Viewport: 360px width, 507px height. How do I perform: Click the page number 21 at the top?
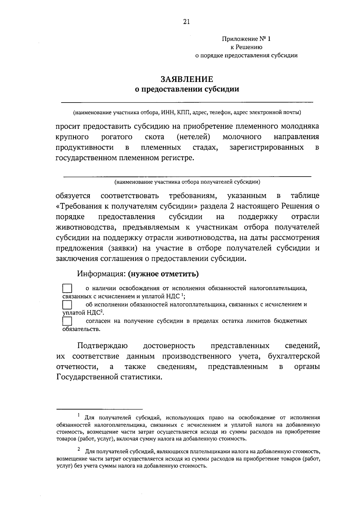[x=186, y=22]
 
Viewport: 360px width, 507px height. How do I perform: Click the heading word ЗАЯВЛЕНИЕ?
[x=187, y=79]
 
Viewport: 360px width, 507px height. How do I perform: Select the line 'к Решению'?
[x=246, y=47]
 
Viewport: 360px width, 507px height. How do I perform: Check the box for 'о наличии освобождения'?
[x=67, y=288]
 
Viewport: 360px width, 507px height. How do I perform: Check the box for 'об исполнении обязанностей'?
[x=67, y=305]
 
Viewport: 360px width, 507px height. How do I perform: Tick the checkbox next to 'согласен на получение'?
[x=67, y=321]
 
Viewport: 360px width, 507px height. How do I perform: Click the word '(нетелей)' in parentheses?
[x=193, y=137]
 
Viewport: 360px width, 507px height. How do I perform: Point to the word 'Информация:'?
[x=101, y=274]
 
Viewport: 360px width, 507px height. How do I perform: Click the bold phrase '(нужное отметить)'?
[x=163, y=274]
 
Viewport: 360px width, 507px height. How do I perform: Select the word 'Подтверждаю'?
[x=103, y=346]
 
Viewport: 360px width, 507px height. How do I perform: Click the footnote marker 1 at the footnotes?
[x=78, y=415]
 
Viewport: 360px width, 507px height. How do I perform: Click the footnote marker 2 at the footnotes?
[x=78, y=449]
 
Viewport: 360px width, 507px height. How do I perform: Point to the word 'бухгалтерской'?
[x=294, y=356]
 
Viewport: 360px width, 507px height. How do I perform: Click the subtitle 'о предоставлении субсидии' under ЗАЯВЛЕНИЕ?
[x=187, y=89]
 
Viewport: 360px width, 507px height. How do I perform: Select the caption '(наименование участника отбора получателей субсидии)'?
[x=187, y=182]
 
